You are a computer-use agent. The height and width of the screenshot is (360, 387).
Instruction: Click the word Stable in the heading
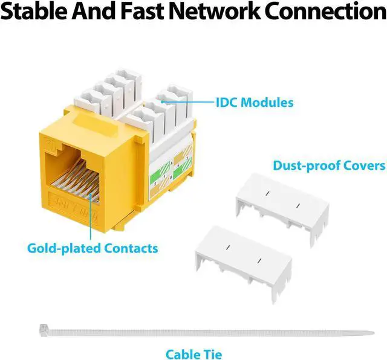pos(37,12)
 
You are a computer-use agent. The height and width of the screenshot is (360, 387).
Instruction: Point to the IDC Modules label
pos(254,102)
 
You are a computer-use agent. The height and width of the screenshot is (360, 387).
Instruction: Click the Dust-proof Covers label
pos(329,165)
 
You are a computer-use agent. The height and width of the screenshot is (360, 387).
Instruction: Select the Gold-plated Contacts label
pos(93,248)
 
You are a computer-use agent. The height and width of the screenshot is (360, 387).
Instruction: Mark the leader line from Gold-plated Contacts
pos(91,217)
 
